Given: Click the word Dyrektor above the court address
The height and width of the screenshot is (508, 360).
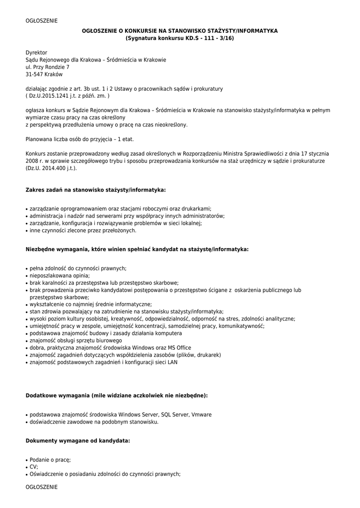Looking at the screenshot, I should click(36, 52).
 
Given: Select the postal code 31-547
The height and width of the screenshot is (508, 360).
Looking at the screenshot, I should click(34, 74).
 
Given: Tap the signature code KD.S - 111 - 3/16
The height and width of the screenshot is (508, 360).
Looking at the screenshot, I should click(203, 38).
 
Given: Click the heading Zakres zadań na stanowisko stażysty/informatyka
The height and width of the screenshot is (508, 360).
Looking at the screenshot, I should click(95, 190).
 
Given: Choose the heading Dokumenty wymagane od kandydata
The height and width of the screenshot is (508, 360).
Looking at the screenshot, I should click(78, 440).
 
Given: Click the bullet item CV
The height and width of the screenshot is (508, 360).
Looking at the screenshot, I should click(34, 467).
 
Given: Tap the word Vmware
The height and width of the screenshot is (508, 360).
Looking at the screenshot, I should click(201, 415).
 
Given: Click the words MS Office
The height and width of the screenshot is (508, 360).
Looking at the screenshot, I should click(176, 348).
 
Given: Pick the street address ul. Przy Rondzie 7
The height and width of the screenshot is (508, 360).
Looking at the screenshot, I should click(48, 67).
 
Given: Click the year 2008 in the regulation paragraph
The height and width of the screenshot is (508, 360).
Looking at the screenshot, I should click(31, 161).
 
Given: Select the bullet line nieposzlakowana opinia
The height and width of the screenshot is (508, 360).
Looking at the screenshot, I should click(60, 275).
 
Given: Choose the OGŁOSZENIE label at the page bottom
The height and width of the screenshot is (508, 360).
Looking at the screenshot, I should click(42, 487).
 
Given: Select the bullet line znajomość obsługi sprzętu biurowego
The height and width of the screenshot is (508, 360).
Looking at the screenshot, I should click(75, 341).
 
